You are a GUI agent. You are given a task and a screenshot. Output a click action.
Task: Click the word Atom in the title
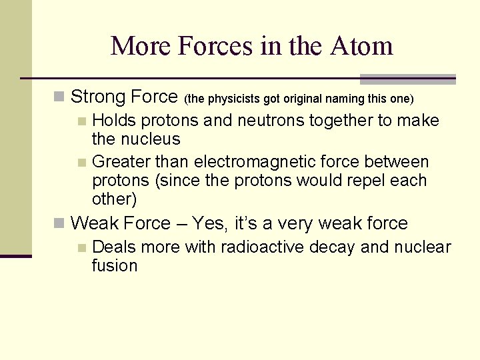coord(361,46)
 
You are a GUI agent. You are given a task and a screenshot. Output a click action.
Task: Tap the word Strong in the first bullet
coord(98,97)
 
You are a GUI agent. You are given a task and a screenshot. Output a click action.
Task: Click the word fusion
coord(115,266)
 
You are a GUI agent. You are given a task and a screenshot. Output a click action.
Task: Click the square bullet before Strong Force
coord(59,98)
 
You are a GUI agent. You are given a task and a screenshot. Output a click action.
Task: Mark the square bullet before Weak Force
coord(59,223)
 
